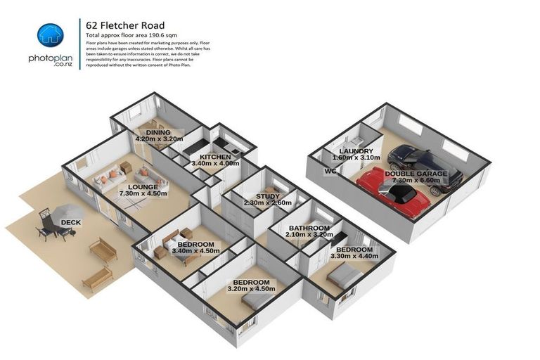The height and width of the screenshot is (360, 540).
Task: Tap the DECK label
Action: coord(70,223)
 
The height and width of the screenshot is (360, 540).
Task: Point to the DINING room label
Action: coord(158,132)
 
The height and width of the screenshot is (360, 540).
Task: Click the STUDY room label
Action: coord(267,197)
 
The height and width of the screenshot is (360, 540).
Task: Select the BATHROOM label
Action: coord(310,229)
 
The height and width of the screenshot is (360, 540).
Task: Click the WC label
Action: coord(330,171)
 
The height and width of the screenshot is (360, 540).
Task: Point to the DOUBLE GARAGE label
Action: coord(416,173)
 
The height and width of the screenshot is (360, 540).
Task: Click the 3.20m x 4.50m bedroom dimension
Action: coord(251,288)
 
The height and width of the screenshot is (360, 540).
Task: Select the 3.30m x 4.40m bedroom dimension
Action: coord(354,257)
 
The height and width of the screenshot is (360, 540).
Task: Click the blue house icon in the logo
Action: coord(50,35)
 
